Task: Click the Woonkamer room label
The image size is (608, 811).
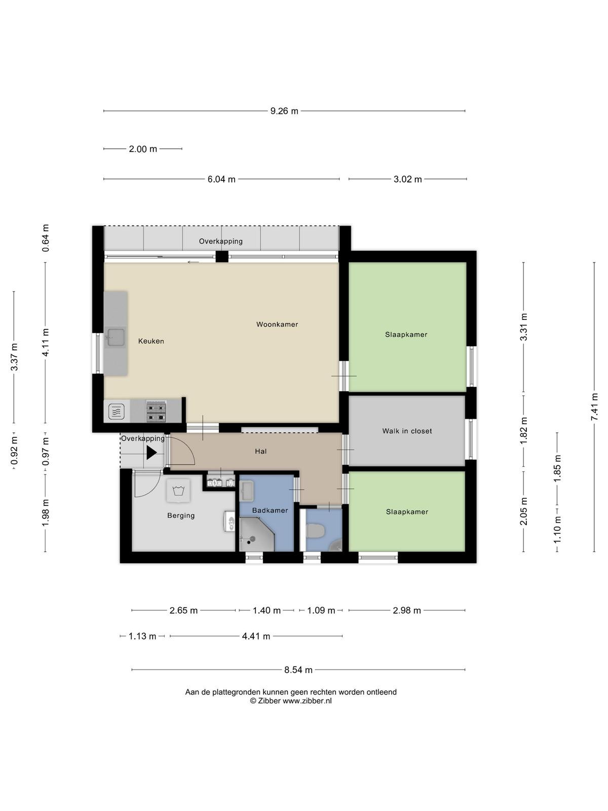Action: coord(277,324)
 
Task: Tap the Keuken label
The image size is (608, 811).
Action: coord(151,341)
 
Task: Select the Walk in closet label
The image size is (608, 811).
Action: coord(407,431)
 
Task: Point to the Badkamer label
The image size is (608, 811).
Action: coord(270,510)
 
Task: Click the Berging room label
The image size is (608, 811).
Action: coord(181,515)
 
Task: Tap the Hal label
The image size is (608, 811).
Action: coord(260,451)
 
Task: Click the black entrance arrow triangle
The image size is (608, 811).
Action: coord(151,453)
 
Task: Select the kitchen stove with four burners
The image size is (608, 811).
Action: coord(156,412)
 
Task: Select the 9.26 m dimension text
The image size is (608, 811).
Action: coord(284,111)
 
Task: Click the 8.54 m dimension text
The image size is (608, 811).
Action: coord(298,670)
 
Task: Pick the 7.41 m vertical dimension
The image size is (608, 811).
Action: coord(594,407)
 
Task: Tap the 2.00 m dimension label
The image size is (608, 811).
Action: coord(143,149)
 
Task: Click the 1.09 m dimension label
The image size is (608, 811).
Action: coord(321,610)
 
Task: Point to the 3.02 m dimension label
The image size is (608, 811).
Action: coord(407,179)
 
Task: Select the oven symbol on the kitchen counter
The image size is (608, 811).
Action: coord(117,411)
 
